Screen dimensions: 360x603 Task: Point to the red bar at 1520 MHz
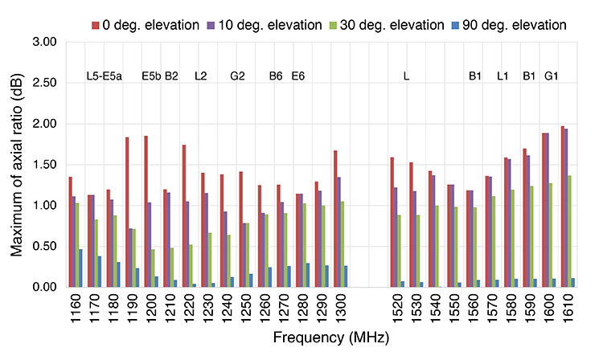[x=392, y=222]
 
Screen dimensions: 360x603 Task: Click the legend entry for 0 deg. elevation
[x=144, y=25]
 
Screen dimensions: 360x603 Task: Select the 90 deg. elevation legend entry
[x=511, y=25]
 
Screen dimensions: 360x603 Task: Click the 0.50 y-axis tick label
[x=43, y=246]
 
